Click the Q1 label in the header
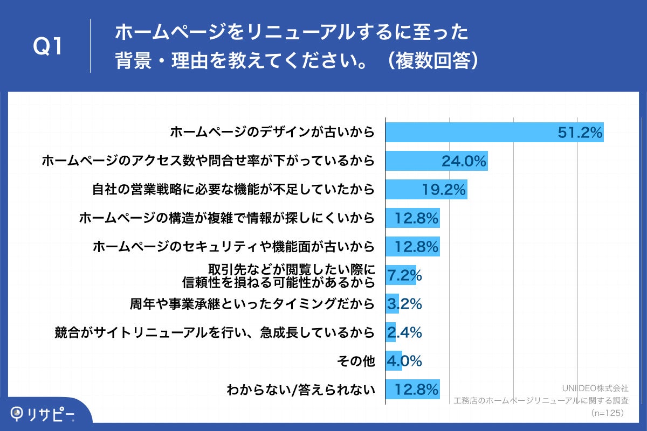pos(49,47)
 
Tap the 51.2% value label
pos(580,133)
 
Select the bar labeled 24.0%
pos(436,161)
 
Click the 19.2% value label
pos(443,190)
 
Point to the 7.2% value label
pos(404,276)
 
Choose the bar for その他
pos(394,361)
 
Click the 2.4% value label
pos(404,333)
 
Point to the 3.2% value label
pos(404,304)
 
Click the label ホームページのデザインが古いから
pos(272,133)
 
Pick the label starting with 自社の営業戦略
pos(233,190)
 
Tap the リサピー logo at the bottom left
pos(43,414)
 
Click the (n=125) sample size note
pos(607,413)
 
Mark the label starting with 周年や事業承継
pos(252,304)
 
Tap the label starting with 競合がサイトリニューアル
pos(215,333)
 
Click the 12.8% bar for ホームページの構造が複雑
pos(412,218)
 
